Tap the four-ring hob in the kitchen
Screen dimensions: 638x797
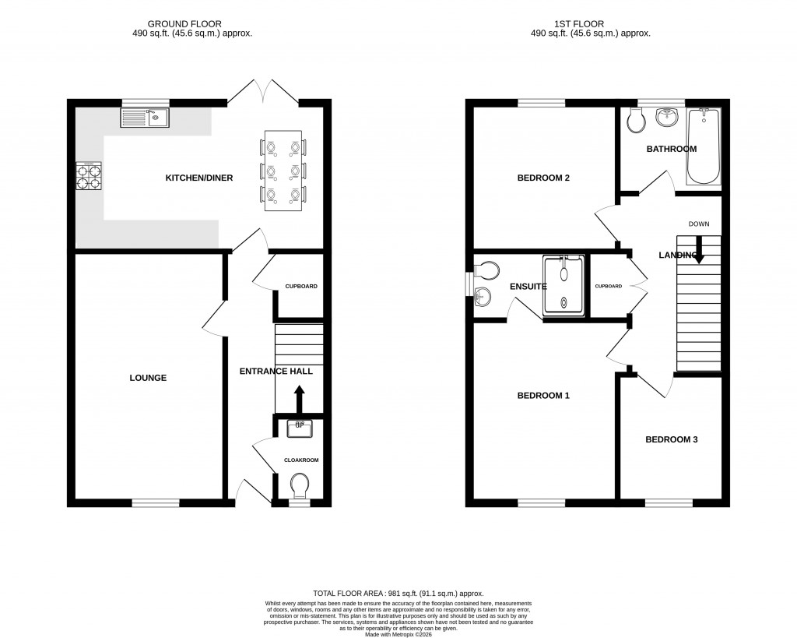(88, 176)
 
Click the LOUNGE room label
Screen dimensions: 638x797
(148, 378)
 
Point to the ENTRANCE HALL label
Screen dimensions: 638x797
(276, 372)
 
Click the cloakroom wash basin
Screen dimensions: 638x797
(300, 428)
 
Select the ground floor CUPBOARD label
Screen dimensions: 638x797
(300, 287)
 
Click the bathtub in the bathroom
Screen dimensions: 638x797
(703, 146)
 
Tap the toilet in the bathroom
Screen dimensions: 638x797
(636, 121)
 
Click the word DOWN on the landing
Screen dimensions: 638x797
(699, 224)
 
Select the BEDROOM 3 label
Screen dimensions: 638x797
(671, 439)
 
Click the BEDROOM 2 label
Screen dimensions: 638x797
(543, 178)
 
